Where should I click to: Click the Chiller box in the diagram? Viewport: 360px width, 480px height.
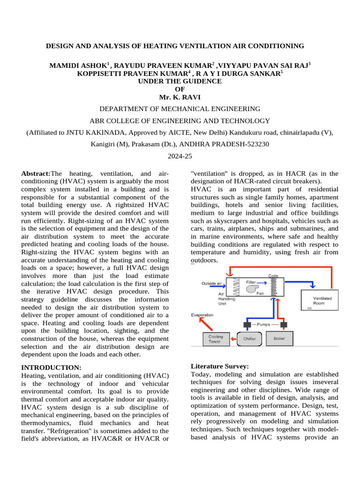click(249, 338)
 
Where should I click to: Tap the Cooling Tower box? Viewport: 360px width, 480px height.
click(216, 339)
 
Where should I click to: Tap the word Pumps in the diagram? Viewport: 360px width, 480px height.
click(264, 324)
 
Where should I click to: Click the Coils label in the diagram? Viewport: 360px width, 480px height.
click(274, 276)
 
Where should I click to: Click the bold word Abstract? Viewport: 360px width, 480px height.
click(36, 173)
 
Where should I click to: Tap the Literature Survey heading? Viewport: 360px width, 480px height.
click(220, 366)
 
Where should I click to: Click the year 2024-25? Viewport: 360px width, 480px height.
click(180, 157)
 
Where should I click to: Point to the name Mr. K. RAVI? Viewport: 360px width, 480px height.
click(180, 97)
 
